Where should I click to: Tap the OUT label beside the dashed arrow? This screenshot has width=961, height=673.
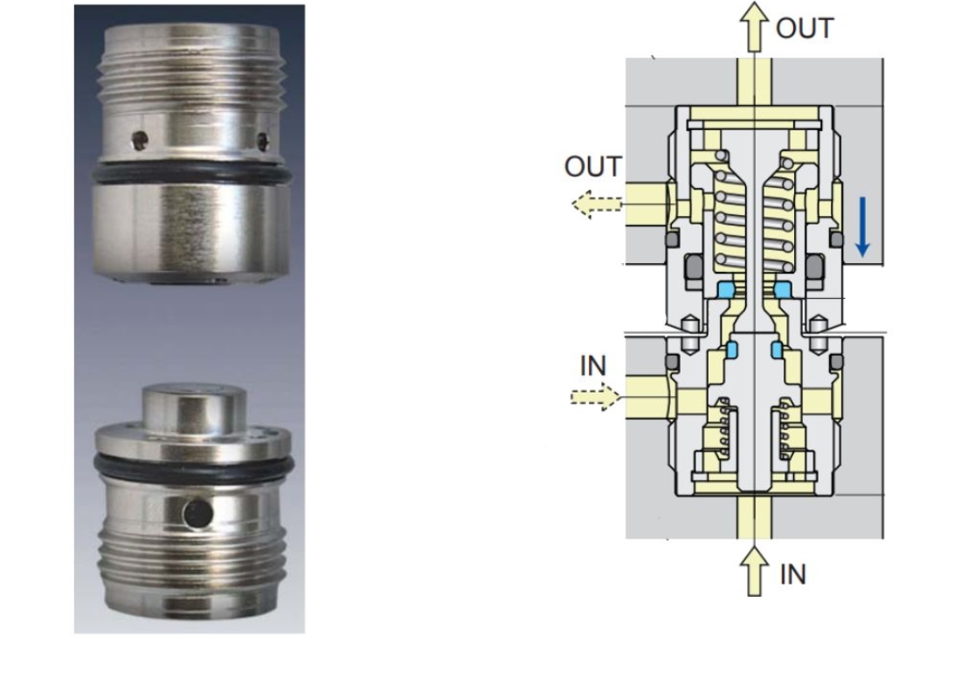(593, 167)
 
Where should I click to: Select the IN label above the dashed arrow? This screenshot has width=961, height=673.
(593, 366)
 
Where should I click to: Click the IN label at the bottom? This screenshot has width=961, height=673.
(792, 575)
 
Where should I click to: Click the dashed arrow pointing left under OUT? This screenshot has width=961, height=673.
(598, 205)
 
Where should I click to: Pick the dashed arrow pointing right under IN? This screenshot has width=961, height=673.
(595, 398)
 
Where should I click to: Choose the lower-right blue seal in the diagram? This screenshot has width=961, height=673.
(777, 350)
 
